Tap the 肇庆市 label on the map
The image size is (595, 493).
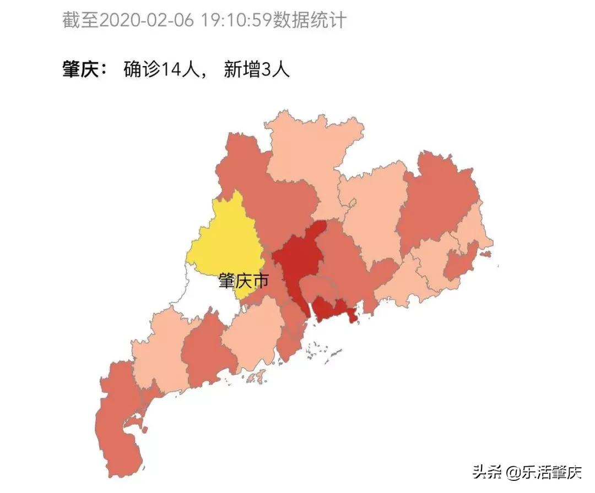pyautogui.click(x=243, y=282)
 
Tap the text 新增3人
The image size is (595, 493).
pyautogui.click(x=257, y=70)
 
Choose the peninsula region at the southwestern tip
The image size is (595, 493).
pyautogui.click(x=118, y=424)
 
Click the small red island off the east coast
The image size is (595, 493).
pyautogui.click(x=485, y=254)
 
